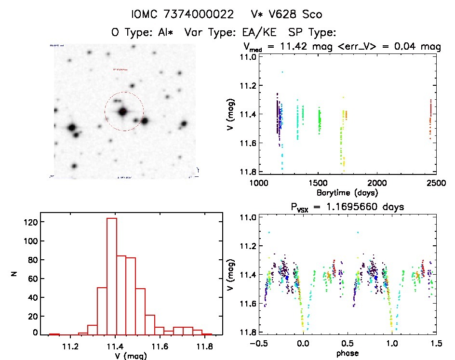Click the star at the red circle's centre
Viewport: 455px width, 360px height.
pos(123,112)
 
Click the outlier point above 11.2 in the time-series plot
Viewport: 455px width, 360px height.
pos(282,72)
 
